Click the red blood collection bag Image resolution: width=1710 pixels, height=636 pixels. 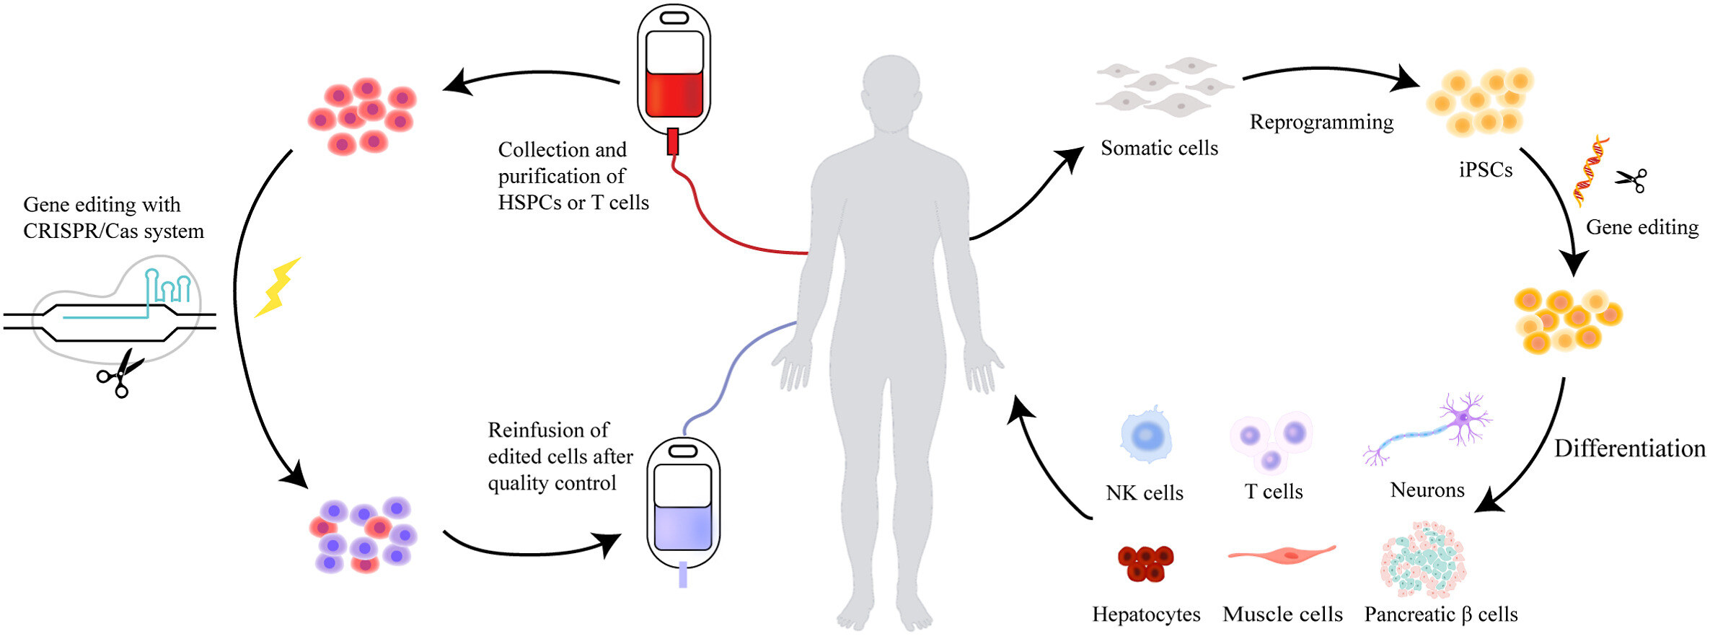pyautogui.click(x=674, y=72)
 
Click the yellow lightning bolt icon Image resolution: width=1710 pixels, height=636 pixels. pyautogui.click(x=278, y=288)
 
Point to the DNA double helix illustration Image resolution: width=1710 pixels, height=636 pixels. pyautogui.click(x=1591, y=169)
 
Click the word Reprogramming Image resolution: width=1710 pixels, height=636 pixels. pyautogui.click(x=1321, y=122)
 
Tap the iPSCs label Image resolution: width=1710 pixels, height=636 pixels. pyautogui.click(x=1485, y=170)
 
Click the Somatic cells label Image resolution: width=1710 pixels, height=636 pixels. pyautogui.click(x=1159, y=148)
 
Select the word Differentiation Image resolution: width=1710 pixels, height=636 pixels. pyautogui.click(x=1629, y=449)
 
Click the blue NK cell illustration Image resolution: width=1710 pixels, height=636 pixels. pyautogui.click(x=1146, y=436)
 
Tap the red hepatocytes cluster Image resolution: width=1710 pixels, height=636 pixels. pyautogui.click(x=1145, y=562)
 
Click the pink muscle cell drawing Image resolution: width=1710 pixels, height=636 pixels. pyautogui.click(x=1282, y=554)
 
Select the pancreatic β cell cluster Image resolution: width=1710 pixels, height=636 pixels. pyautogui.click(x=1424, y=561)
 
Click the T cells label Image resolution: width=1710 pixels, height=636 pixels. pyautogui.click(x=1274, y=492)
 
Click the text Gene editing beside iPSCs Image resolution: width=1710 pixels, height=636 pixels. pyautogui.click(x=1641, y=227)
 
